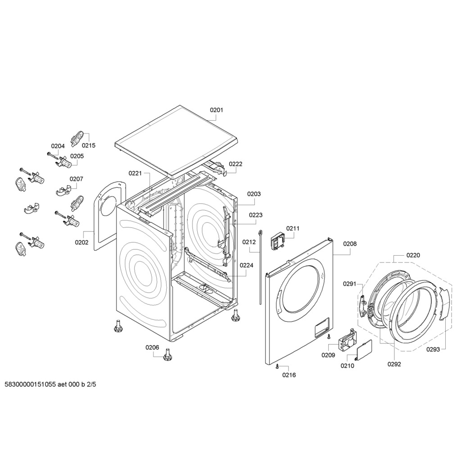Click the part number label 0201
click(217, 110)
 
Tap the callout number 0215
click(88, 145)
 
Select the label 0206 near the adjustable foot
click(152, 347)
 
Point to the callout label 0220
click(413, 255)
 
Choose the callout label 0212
click(249, 242)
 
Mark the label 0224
click(246, 265)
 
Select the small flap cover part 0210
click(364, 350)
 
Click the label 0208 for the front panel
click(350, 244)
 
